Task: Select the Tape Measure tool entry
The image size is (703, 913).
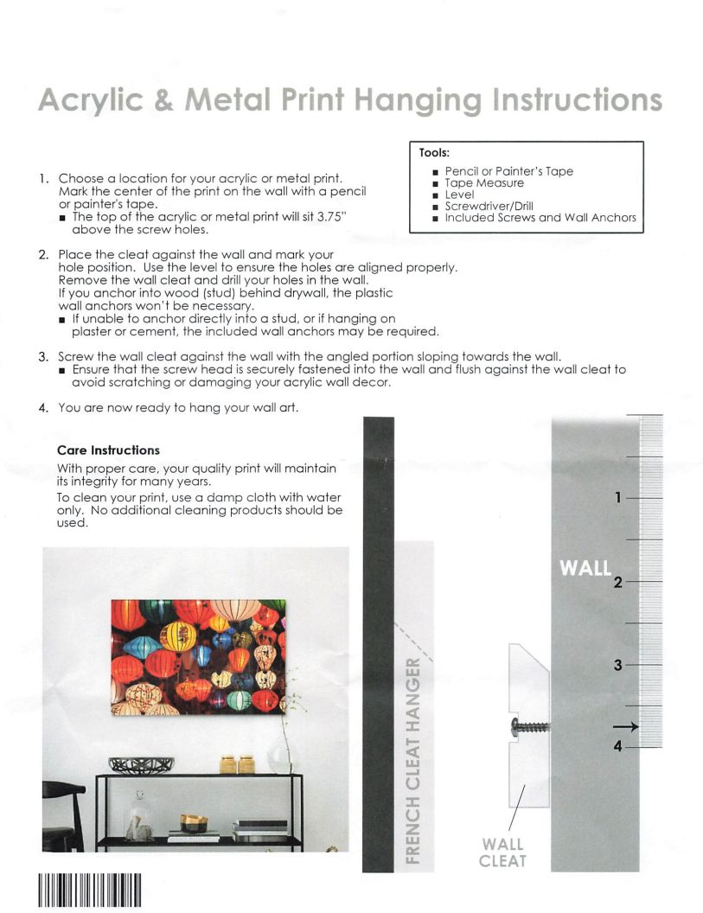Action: (484, 183)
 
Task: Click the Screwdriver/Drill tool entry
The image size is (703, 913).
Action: (489, 207)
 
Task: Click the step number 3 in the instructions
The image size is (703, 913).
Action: (43, 356)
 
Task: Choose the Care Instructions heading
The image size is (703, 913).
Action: (108, 450)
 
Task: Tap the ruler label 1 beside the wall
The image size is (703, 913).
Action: (618, 498)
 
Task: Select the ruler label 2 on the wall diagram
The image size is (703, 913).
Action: (618, 582)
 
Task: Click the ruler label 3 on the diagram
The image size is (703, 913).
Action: (618, 666)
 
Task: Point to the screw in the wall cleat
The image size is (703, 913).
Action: (528, 727)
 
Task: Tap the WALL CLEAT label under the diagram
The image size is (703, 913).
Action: (502, 852)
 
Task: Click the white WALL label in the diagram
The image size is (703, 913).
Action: (585, 568)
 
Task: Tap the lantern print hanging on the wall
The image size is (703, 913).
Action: (198, 657)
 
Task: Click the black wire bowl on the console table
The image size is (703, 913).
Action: (141, 765)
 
